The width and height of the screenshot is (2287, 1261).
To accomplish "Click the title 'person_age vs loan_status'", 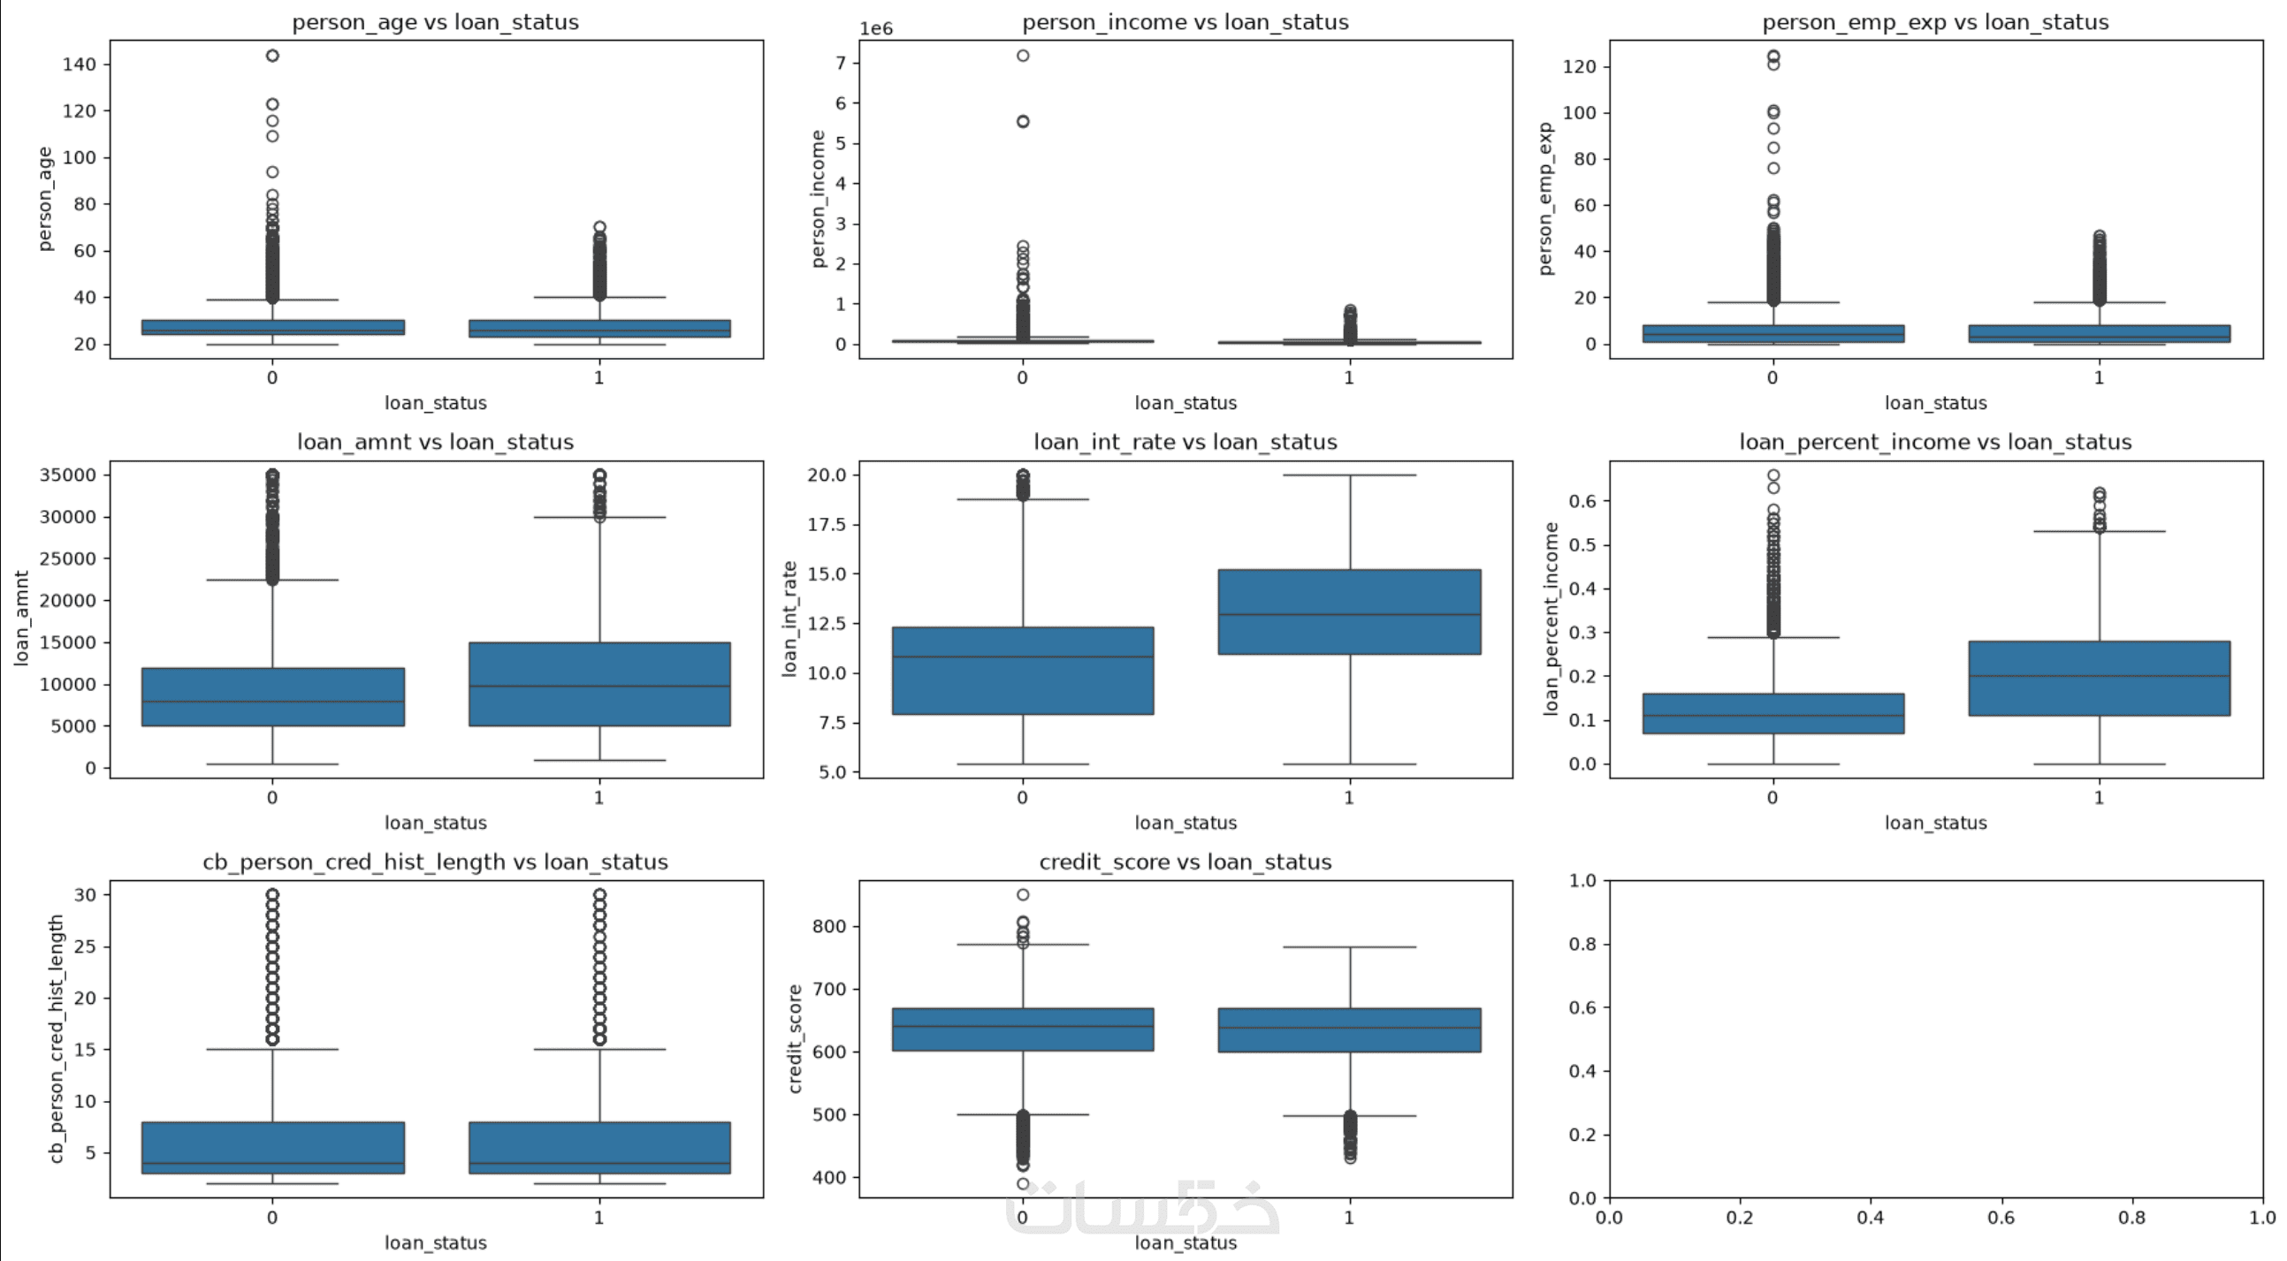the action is click(x=435, y=22).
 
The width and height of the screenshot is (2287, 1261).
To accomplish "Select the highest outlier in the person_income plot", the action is click(x=1023, y=55).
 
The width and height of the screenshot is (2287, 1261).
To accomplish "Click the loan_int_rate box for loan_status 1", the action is click(x=1349, y=612).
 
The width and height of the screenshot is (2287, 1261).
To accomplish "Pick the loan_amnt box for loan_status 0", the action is click(x=272, y=697).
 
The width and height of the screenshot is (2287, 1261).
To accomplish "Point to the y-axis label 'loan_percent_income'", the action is click(x=1551, y=619).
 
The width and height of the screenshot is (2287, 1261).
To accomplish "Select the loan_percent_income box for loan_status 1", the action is click(x=2099, y=678).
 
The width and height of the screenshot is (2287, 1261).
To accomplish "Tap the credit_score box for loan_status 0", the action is click(x=1023, y=1029).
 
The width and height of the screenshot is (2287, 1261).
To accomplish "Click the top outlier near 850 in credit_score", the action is click(x=1023, y=894).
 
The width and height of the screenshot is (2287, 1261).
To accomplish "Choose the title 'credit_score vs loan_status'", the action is click(x=1185, y=862).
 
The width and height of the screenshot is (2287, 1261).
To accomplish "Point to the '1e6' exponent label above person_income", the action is click(x=876, y=28).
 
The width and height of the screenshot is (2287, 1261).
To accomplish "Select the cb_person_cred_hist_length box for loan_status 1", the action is click(x=599, y=1148).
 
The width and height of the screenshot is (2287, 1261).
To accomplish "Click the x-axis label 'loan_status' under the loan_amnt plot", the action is click(x=435, y=823).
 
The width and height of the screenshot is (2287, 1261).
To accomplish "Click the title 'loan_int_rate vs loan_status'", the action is click(x=1185, y=442).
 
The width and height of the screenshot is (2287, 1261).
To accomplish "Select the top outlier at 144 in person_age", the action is click(x=272, y=55).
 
